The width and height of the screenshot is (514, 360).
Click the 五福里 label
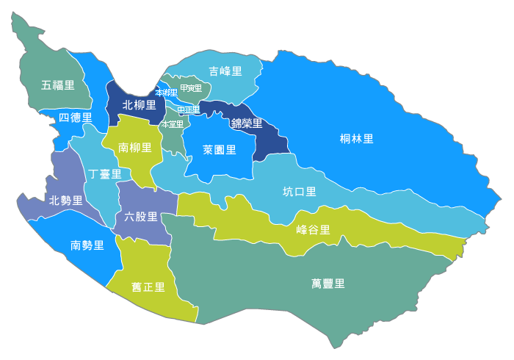point(58,85)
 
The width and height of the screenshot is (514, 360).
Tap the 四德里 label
point(75,118)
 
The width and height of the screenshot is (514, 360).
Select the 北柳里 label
point(139,105)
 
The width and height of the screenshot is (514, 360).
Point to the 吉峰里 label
point(225,72)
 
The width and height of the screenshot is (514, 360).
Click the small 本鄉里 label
point(166,93)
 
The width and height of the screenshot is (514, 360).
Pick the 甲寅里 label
point(190,89)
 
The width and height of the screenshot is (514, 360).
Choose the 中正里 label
point(188,110)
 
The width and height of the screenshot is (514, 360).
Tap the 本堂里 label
point(172,124)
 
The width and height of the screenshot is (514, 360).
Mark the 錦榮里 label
point(247,123)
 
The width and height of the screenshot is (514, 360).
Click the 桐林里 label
point(357,139)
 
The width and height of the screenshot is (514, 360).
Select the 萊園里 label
point(219,150)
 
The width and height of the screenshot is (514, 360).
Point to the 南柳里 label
point(135,148)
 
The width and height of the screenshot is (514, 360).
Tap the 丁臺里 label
point(104,174)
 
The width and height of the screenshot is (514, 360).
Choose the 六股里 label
point(141,216)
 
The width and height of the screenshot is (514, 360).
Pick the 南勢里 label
point(87,245)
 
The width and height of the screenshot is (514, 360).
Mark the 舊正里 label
point(148,287)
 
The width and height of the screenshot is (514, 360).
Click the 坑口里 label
point(300,192)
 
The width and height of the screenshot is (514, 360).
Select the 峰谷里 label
point(314,229)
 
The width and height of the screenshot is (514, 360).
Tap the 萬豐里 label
point(328,283)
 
